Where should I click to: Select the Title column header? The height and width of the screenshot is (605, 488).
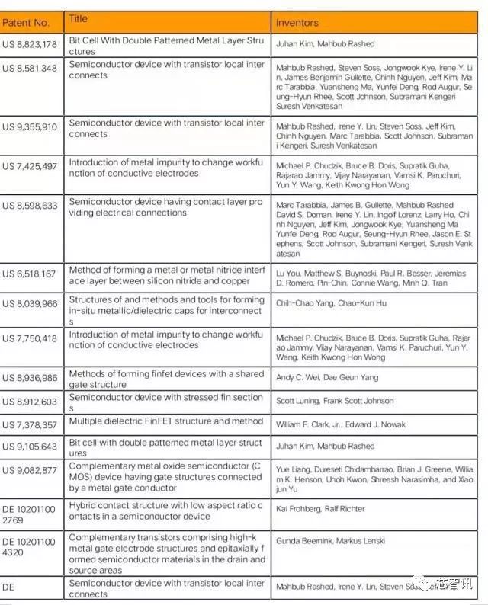point(79,18)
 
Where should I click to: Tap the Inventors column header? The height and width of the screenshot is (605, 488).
point(297,23)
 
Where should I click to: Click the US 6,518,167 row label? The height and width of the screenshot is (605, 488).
point(30,274)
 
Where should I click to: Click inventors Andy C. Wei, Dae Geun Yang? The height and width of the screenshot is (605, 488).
point(327,377)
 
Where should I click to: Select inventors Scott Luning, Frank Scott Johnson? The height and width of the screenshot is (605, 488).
point(335,401)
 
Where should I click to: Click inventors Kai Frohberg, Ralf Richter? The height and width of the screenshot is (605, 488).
point(320,508)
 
